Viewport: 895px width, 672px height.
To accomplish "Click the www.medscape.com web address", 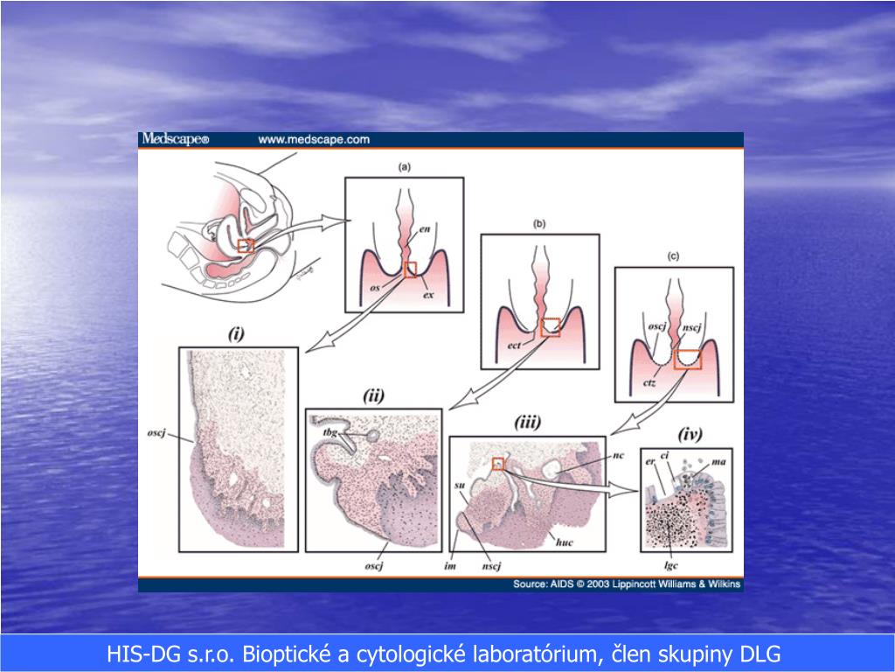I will point(314,139).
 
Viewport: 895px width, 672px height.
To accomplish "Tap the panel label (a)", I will point(404,166).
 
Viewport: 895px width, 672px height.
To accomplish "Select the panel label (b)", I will point(538,224).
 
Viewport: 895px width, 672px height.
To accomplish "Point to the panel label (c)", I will point(673,256).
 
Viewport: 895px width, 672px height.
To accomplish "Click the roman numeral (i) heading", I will point(236,332).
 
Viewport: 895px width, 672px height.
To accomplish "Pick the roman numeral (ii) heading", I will point(374,396).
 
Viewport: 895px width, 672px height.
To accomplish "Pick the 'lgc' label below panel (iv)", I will point(671,564).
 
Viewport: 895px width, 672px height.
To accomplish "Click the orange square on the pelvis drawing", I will point(246,245).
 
